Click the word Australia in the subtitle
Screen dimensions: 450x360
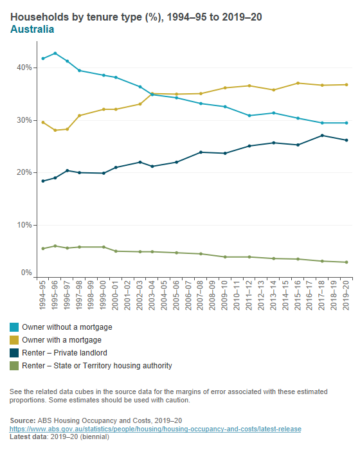pos(32,29)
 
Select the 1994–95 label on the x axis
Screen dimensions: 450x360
pos(43,298)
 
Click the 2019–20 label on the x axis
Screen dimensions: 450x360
pos(347,298)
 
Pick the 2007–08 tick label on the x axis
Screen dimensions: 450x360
pos(201,298)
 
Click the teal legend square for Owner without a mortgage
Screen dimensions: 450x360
pos(15,327)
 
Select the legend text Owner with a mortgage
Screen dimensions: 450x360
pos(62,340)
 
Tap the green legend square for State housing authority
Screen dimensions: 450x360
pos(15,366)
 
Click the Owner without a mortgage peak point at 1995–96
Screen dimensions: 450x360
pos(55,53)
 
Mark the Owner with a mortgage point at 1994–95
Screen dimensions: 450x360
pos(43,122)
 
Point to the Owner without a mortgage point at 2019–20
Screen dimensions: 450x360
pos(347,123)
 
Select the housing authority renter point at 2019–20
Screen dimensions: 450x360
pos(347,262)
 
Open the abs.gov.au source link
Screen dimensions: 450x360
pos(156,429)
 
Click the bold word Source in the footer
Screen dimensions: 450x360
pos(23,420)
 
